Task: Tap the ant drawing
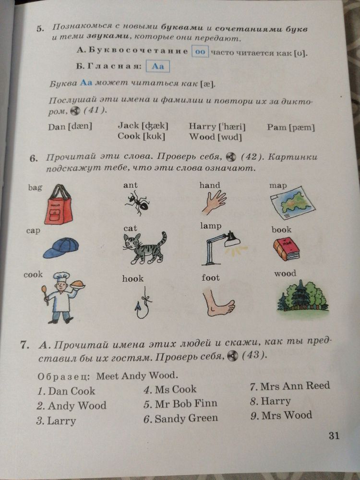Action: [137, 202]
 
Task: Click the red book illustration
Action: [286, 249]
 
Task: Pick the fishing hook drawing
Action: [143, 303]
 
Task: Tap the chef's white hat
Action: [61, 276]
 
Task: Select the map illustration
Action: [292, 203]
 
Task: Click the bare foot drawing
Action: [218, 302]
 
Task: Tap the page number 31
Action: [334, 435]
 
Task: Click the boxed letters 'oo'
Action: [200, 51]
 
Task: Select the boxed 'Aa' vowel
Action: [157, 66]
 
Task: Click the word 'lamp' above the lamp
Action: [211, 226]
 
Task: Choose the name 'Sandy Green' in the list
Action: [186, 419]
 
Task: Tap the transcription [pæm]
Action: [302, 127]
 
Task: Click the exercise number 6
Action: [34, 158]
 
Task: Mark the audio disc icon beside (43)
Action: [232, 356]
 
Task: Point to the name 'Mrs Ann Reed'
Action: [295, 386]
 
